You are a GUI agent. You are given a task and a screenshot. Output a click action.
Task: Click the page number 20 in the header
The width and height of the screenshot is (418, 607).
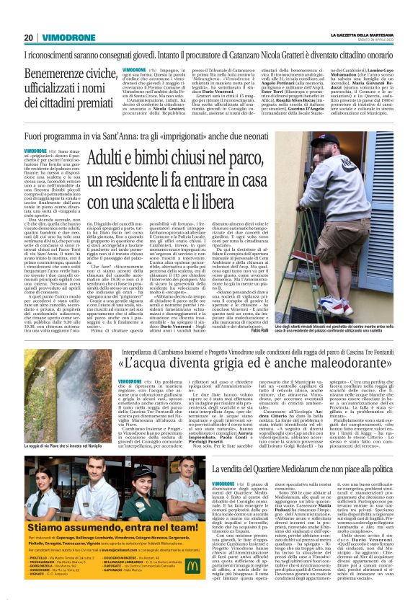coord(28,37)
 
